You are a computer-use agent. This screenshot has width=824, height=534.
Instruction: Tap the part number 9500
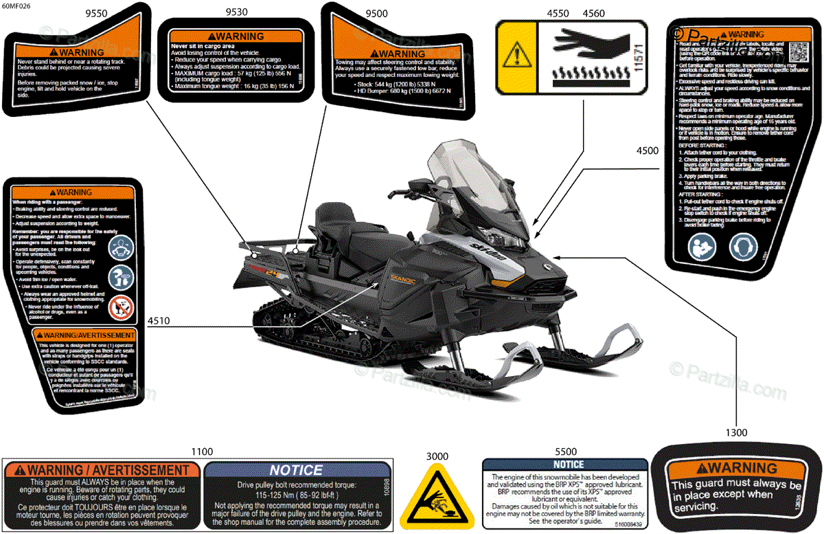[x=376, y=13]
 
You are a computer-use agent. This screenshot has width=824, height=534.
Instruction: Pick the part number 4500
[x=647, y=151]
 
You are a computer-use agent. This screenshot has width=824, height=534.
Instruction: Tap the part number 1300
[x=735, y=433]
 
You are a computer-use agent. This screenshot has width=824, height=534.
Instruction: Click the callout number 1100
[x=202, y=452]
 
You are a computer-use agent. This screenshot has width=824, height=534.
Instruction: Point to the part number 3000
[x=437, y=456]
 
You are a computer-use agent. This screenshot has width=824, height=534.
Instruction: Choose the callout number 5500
[x=565, y=452]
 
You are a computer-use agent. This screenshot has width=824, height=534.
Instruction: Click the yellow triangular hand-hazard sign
[x=437, y=498]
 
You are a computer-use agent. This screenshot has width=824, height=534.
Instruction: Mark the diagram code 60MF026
[x=16, y=7]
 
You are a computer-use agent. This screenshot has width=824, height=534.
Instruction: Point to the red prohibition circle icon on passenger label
[x=121, y=306]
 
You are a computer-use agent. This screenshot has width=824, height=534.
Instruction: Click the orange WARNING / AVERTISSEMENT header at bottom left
[x=103, y=470]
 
